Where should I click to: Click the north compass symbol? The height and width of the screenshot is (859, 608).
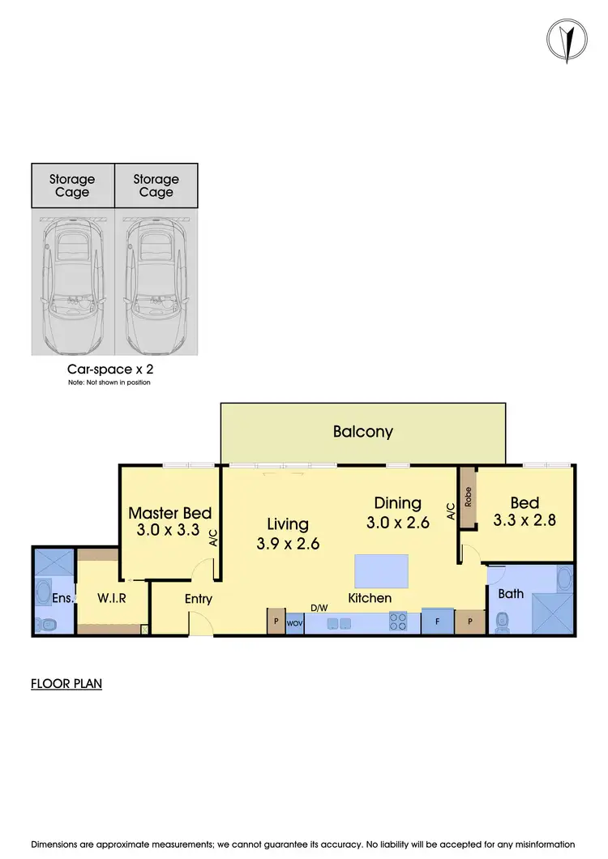coord(570,41)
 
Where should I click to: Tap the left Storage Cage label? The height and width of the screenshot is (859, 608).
coord(72,186)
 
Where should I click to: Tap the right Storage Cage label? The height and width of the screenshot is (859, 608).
coord(156,186)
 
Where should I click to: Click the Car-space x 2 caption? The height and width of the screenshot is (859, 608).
coord(109,369)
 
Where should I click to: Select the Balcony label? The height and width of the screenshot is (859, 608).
coord(362,431)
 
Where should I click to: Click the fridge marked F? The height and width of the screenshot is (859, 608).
coord(436,622)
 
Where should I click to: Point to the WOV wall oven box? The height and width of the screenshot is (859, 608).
coord(295,624)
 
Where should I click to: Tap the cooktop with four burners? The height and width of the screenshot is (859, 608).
coord(398,622)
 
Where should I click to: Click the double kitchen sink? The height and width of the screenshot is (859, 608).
coord(338,623)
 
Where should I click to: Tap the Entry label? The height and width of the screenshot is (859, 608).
coord(198,599)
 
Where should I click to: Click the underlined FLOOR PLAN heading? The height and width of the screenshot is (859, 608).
coord(66,684)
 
